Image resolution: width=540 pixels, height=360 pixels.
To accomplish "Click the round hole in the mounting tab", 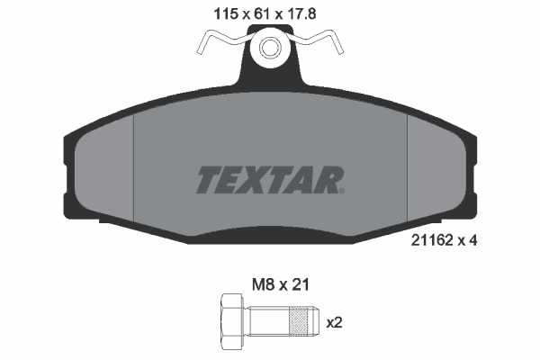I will tap(269, 49).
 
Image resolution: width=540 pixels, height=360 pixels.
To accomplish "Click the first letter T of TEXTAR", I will tap(208, 180).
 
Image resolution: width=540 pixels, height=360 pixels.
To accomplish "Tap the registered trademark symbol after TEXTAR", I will tap(339, 189).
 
